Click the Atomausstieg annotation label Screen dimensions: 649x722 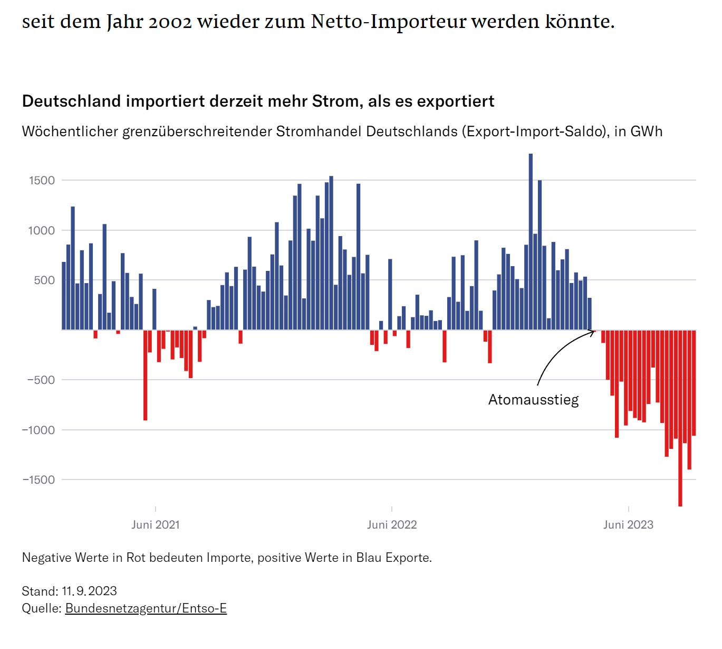(533, 400)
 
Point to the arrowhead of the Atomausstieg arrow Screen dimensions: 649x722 (594, 332)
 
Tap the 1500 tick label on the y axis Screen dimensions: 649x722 (42, 181)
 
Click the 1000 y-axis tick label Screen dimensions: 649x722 (42, 230)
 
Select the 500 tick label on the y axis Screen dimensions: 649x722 (44, 280)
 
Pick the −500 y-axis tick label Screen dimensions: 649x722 (40, 380)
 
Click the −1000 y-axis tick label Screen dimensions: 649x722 (38, 430)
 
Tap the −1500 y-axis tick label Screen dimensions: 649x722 (38, 480)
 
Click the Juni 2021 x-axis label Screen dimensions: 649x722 (156, 525)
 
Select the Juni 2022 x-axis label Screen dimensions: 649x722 (392, 525)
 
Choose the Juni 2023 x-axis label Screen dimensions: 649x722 (628, 525)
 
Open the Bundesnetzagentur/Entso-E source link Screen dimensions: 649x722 (146, 608)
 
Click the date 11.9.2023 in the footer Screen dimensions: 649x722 (89, 591)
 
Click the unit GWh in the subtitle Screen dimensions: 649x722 (647, 131)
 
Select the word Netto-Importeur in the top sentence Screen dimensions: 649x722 (388, 22)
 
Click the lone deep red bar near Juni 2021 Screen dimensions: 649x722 (146, 375)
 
